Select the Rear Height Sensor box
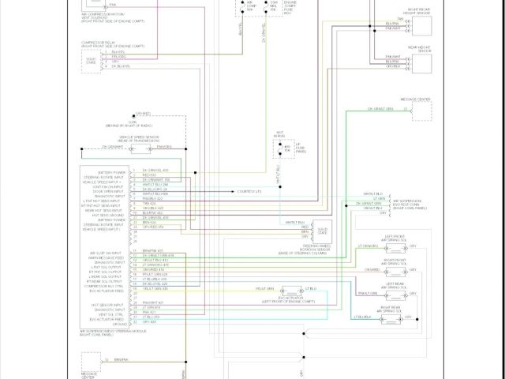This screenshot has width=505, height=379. pyautogui.click(x=420, y=62)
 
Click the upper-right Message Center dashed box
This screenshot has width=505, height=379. pyautogui.click(x=421, y=110)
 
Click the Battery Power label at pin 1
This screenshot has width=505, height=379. pyautogui.click(x=114, y=171)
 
